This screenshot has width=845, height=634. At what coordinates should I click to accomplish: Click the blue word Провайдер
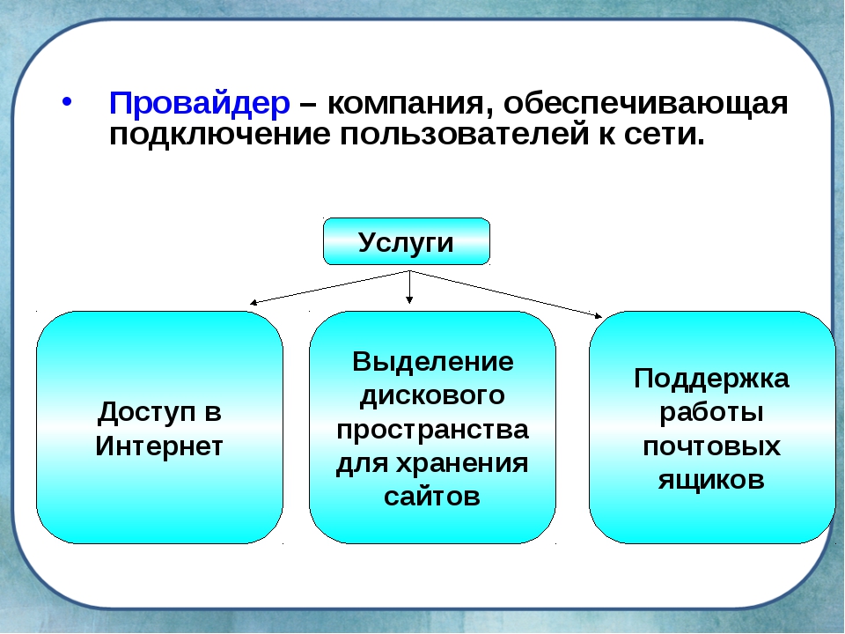coord(200,104)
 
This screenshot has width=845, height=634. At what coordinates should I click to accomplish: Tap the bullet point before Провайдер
coord(67,102)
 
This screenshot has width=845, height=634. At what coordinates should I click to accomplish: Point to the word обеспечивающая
coord(645,104)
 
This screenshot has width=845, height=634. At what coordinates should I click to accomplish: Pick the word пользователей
coord(464,134)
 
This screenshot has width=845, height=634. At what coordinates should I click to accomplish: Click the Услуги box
coord(407,241)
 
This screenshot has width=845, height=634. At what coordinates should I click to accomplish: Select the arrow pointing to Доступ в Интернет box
coord(330,287)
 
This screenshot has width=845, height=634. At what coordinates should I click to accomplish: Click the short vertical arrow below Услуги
coord(409,287)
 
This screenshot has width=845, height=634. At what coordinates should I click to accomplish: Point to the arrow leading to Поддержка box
coord(506,294)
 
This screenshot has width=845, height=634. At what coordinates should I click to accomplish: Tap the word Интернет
coord(159,446)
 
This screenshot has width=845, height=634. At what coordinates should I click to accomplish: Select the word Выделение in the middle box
coord(433,361)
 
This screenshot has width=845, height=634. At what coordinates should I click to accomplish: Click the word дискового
coord(432,396)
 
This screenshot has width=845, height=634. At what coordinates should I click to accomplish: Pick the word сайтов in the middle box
coord(432,496)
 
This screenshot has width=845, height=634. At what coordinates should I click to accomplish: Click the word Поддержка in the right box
coord(711,379)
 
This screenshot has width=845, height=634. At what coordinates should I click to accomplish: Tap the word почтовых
coord(711,446)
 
